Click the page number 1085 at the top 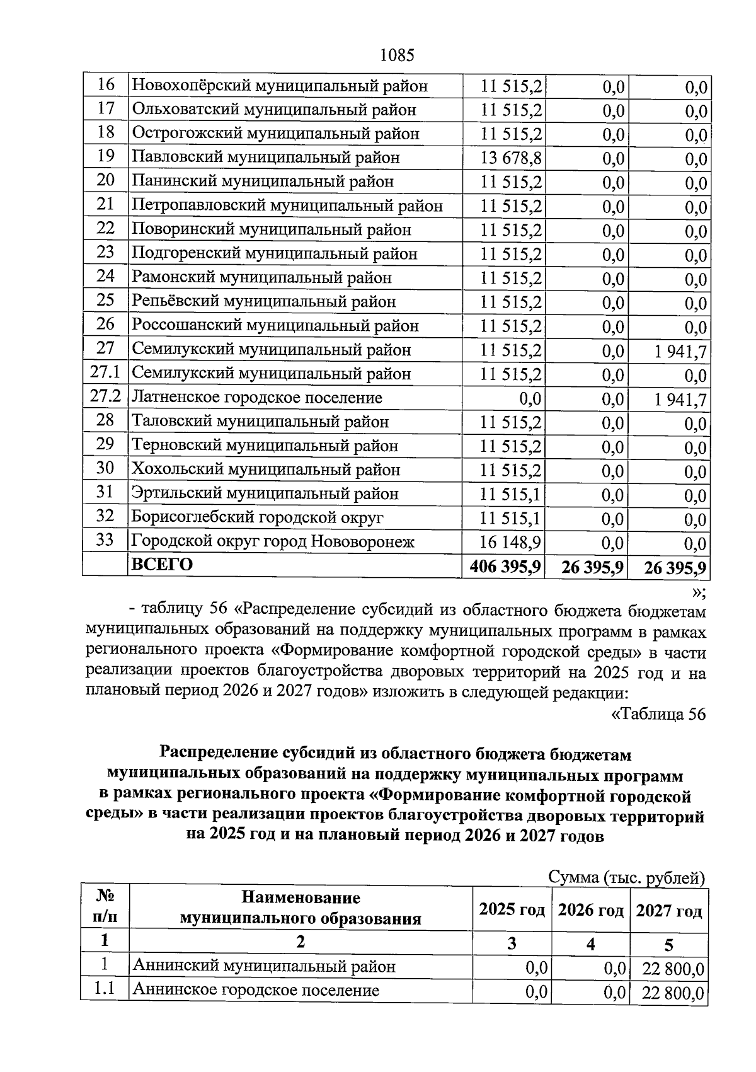tap(398, 55)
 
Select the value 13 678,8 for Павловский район tap(511, 158)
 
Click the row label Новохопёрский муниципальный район tap(279, 86)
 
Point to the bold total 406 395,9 tap(505, 567)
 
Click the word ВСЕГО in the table tap(162, 564)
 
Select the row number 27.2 tap(105, 397)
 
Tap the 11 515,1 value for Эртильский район tap(511, 494)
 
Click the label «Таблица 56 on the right tap(658, 714)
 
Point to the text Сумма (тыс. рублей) tap(626, 877)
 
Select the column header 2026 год tap(591, 910)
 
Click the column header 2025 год tap(512, 909)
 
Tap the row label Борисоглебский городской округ tap(257, 517)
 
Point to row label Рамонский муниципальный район tap(261, 278)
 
